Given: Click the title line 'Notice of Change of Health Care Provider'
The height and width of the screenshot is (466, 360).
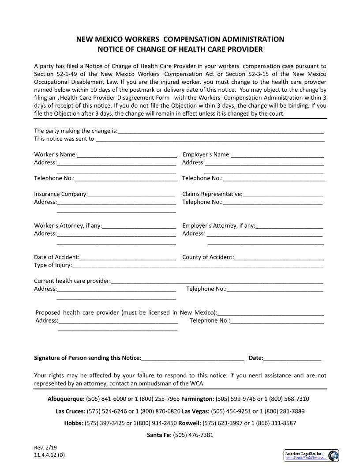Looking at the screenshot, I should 180,49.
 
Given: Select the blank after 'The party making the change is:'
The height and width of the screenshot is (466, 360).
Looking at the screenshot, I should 221,131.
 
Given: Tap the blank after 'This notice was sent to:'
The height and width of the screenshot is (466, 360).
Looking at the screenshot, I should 210,139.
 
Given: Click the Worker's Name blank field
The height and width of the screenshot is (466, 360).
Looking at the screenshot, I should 127,155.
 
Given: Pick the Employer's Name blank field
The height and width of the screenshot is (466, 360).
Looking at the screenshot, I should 277,155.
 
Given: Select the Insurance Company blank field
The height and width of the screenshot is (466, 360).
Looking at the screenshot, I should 131,194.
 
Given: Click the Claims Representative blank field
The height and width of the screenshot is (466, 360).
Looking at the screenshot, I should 282,194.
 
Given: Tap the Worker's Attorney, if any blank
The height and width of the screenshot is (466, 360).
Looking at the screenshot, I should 139,226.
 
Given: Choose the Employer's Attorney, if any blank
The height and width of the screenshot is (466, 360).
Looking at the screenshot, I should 289,226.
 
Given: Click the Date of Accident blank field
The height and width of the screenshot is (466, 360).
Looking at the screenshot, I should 128,258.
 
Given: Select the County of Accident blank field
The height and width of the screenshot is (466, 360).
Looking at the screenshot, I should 279,258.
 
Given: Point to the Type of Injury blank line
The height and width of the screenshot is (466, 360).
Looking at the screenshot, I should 197,266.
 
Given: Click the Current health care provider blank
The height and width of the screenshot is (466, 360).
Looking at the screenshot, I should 217,281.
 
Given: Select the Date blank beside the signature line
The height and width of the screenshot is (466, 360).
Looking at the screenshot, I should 292,358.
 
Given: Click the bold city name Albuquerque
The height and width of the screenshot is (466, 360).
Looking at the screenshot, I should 66,399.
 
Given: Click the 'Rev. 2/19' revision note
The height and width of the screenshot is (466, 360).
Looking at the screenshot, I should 42,448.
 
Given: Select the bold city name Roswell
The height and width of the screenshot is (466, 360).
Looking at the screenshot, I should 189,423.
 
